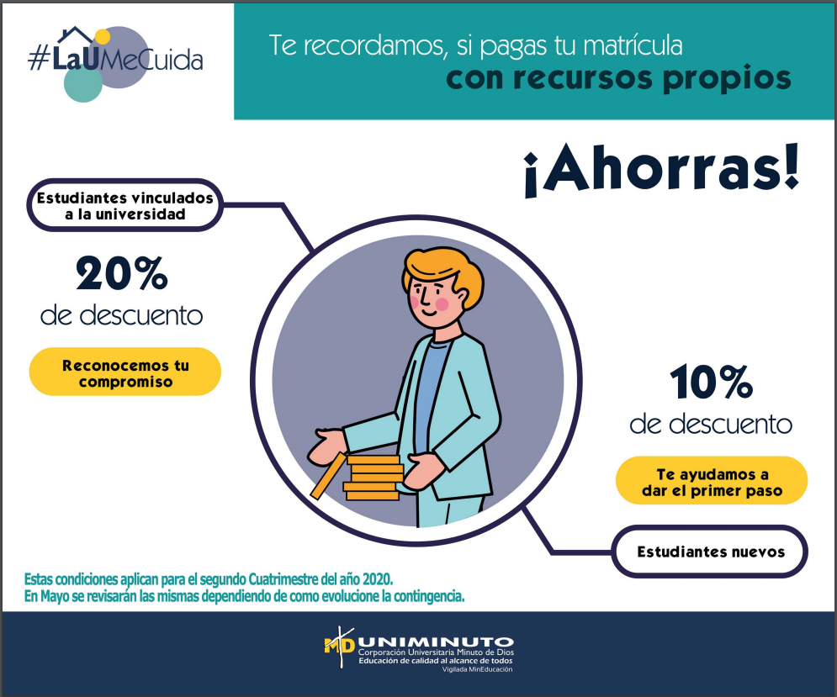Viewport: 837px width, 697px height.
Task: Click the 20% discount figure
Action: pos(122,273)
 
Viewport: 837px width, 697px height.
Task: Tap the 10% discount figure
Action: pos(711,382)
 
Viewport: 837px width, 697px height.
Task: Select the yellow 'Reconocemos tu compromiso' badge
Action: pos(124,372)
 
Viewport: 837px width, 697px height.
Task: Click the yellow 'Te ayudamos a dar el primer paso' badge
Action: pos(712,480)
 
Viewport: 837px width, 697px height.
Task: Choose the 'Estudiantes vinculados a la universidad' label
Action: pos(124,205)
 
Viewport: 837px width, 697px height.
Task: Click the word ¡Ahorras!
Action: pos(661,169)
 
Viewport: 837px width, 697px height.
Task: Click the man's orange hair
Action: pos(444,272)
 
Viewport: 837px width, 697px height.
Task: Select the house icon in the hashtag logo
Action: pos(76,36)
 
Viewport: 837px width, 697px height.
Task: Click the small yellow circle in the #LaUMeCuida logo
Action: pos(102,36)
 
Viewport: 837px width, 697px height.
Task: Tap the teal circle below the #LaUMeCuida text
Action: pos(83,84)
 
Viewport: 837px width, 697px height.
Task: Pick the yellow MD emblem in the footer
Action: pos(339,646)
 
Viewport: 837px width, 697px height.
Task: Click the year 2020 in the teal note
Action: pos(377,579)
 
